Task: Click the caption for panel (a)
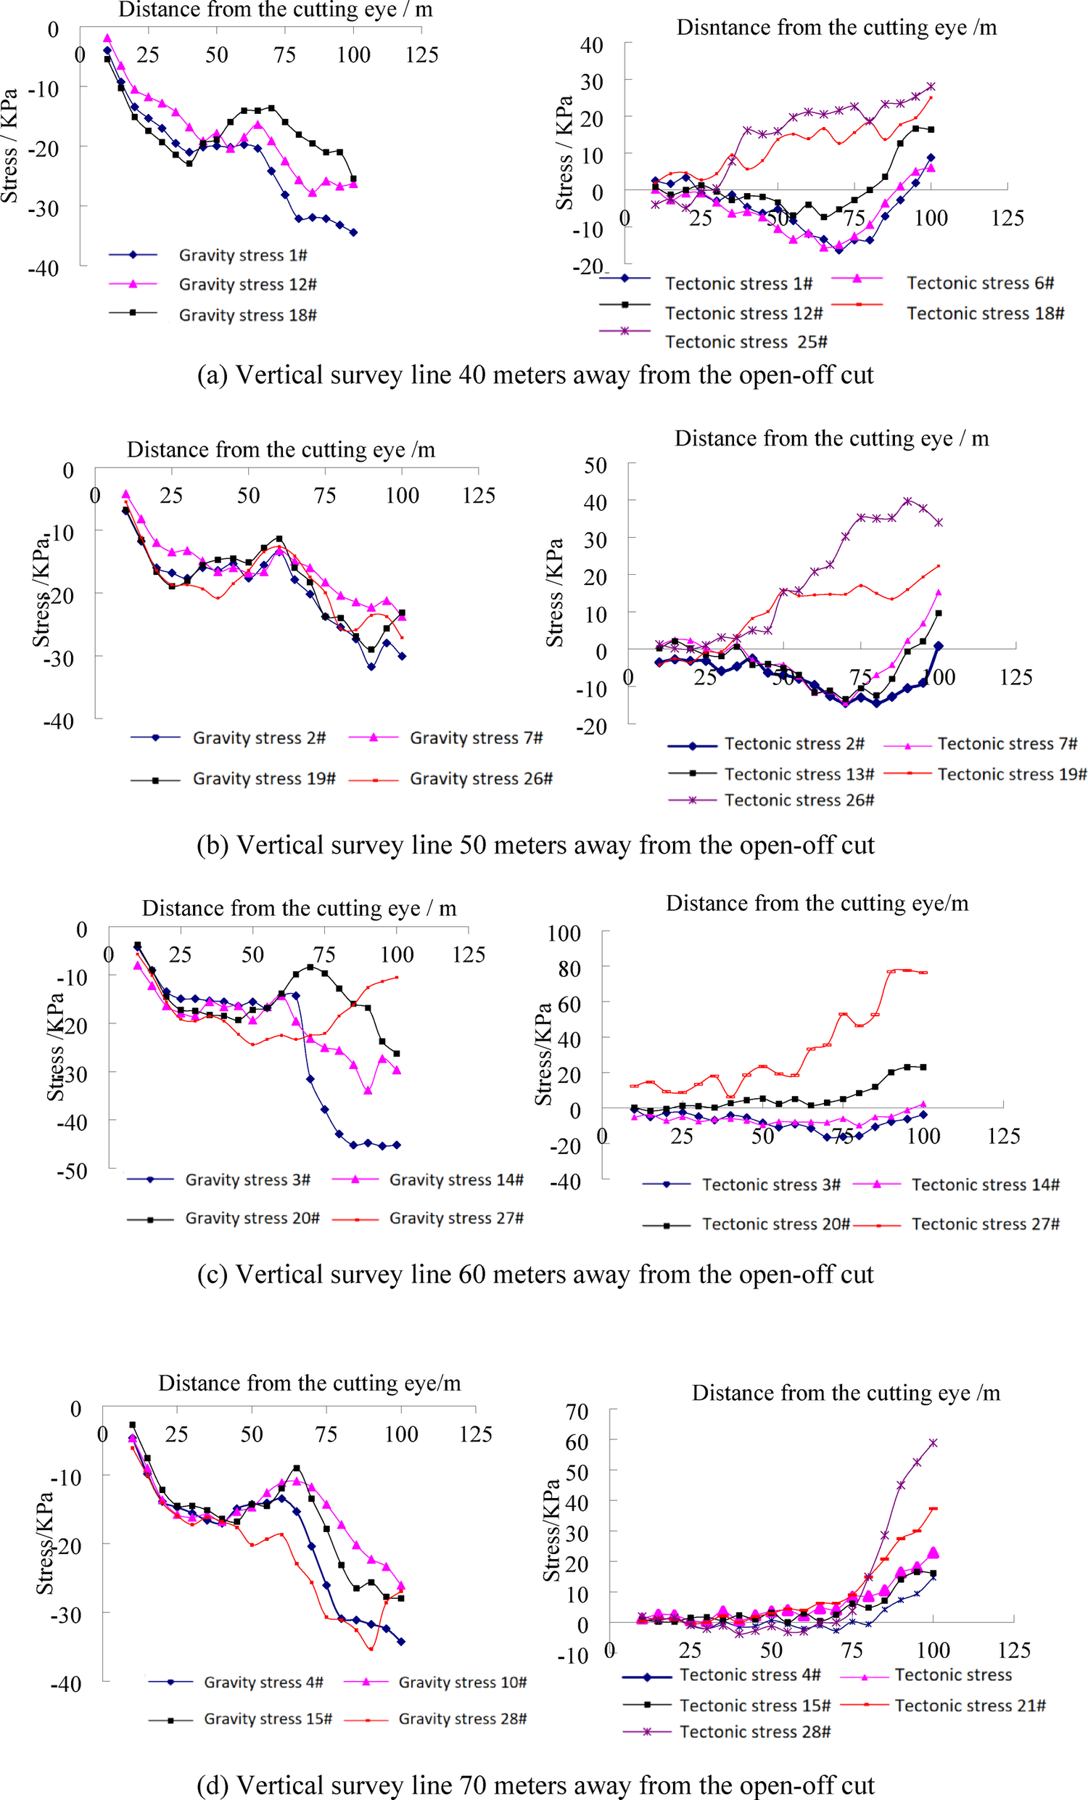(535, 375)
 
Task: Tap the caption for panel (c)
(535, 1274)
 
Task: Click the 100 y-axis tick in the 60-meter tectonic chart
(564, 933)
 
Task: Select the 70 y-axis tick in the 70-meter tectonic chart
(577, 1412)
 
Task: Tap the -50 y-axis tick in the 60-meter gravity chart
(73, 1170)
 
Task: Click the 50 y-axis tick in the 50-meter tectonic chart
(595, 465)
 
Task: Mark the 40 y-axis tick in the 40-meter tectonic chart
(591, 45)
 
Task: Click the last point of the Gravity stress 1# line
(353, 232)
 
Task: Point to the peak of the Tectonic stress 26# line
(907, 501)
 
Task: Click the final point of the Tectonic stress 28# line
(933, 1443)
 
